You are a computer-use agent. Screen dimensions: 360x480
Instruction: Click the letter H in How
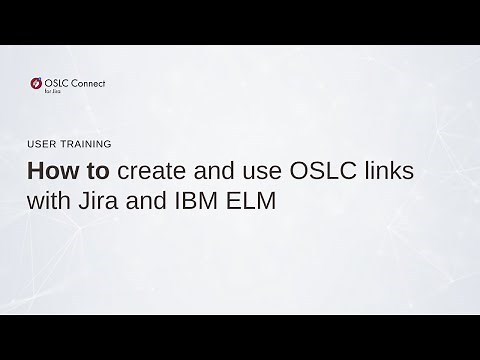pyautogui.click(x=35, y=171)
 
